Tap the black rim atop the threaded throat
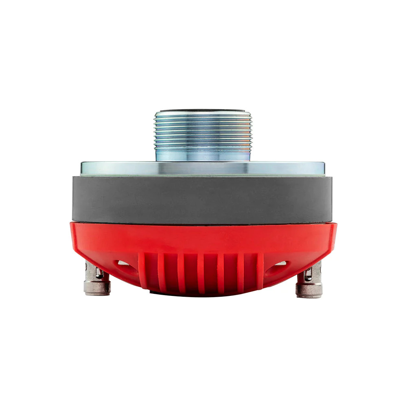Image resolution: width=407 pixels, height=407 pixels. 202,110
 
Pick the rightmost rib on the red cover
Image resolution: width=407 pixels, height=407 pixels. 260,271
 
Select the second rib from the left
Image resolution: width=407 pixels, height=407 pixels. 162,272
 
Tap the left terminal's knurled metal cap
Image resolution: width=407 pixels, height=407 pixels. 97,287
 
